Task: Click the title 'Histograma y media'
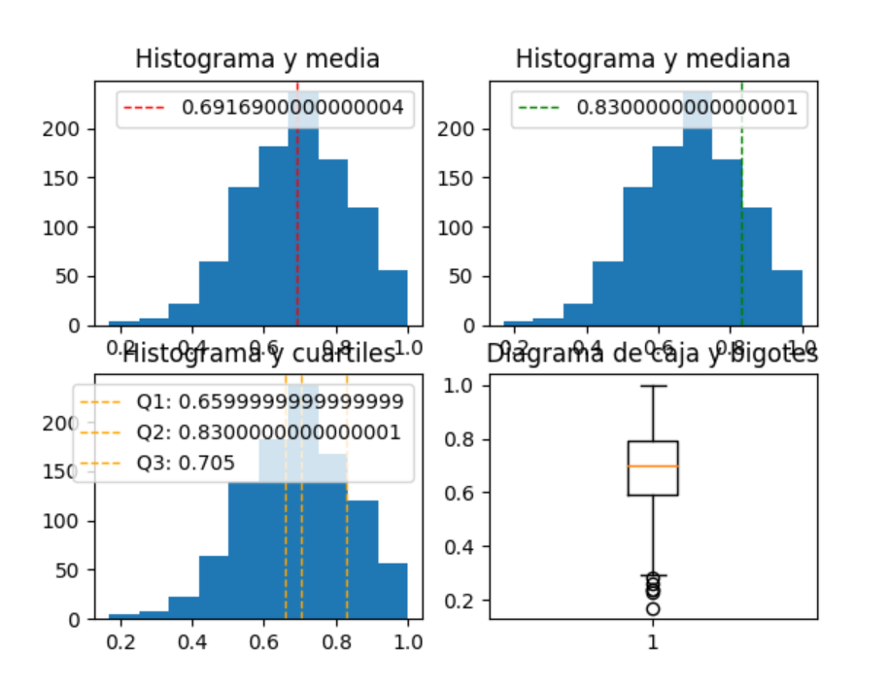coord(257,59)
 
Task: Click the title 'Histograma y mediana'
coord(652,59)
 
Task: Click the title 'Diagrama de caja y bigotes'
coord(652,355)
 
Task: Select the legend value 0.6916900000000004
coord(292,108)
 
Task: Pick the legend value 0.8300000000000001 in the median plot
coord(687,108)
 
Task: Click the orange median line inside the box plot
coord(653,466)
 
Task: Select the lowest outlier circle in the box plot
coord(653,608)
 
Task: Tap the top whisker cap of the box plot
coord(653,386)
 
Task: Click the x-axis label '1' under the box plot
coord(653,642)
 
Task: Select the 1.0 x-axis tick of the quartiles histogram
coord(408,642)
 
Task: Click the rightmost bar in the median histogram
coord(787,297)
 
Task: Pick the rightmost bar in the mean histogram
coord(393,297)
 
